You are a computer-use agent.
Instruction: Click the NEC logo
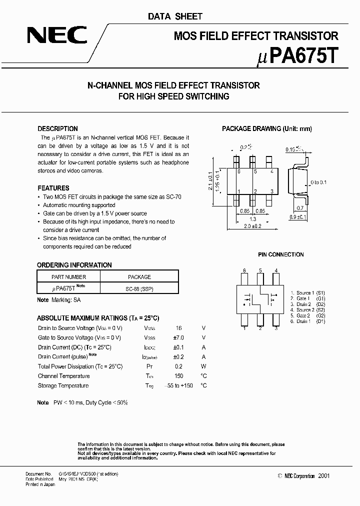coord(56,35)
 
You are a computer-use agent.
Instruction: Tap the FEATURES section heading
coord(53,188)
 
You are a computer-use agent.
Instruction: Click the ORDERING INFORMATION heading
coord(74,265)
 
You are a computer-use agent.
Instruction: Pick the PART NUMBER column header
coord(69,277)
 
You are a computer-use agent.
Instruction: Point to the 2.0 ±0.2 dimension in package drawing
coord(253,226)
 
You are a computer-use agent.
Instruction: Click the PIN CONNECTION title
coord(280,254)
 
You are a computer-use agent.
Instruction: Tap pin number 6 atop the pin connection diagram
coord(244,270)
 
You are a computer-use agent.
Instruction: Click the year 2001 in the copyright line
coord(323,476)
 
